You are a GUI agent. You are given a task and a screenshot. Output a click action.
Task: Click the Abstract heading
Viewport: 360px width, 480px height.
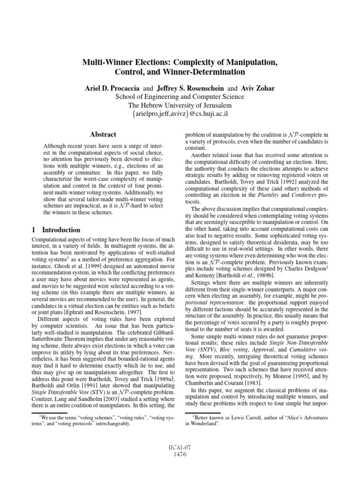(103, 134)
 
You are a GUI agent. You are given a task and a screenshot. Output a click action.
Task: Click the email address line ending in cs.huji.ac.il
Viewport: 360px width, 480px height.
(180, 114)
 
